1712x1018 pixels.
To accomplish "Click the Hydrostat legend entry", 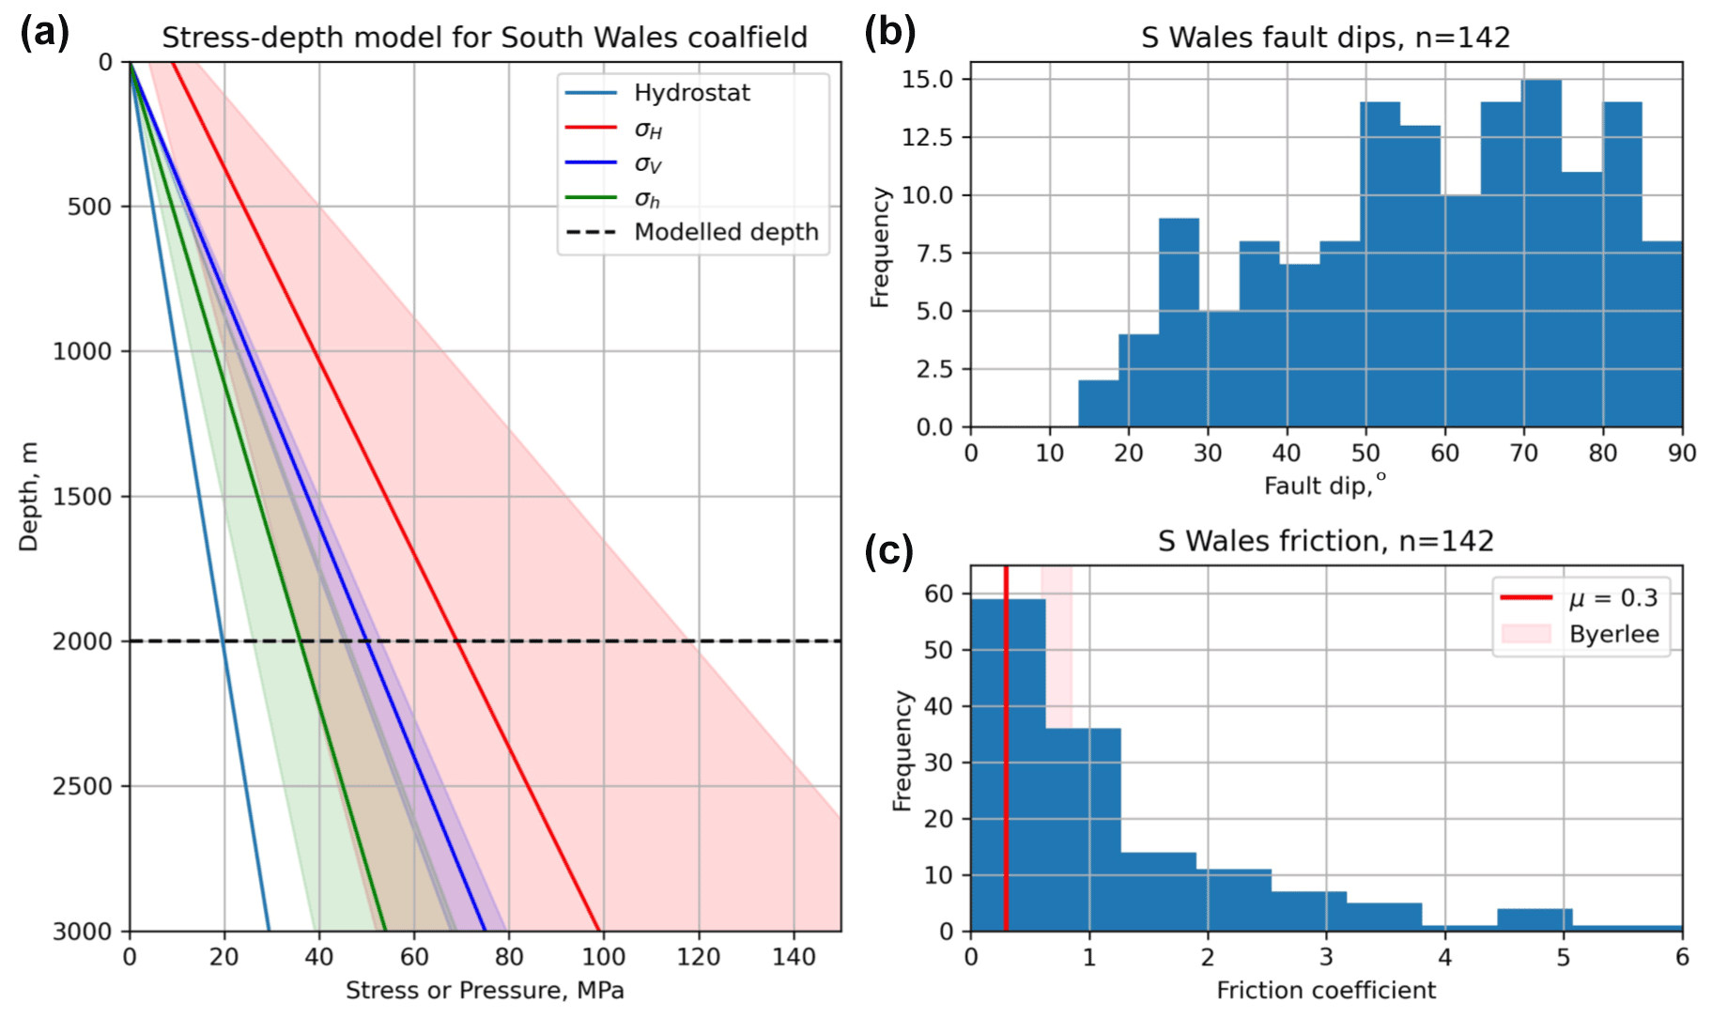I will (691, 93).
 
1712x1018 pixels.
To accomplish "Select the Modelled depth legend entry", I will (725, 232).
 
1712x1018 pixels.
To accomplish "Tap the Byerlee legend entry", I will (1613, 634).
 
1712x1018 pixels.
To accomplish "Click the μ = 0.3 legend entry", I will (1612, 598).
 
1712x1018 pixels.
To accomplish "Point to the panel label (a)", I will (44, 33).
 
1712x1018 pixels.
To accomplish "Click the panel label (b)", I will (889, 33).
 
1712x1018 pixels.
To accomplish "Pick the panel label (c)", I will (888, 551).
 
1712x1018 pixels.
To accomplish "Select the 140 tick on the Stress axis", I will (794, 957).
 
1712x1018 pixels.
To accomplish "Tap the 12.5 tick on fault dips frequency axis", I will (928, 137).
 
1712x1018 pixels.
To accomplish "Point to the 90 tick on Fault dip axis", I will (1681, 454).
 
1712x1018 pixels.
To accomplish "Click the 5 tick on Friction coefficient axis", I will (1563, 957).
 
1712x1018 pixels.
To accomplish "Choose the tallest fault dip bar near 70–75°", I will (1542, 254).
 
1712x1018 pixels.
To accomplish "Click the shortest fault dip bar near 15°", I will (1098, 404).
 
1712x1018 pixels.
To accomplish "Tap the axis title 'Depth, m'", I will (29, 496).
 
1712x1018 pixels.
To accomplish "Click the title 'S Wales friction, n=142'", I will (1325, 541).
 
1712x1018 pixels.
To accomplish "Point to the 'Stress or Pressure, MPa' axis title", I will (485, 991).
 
